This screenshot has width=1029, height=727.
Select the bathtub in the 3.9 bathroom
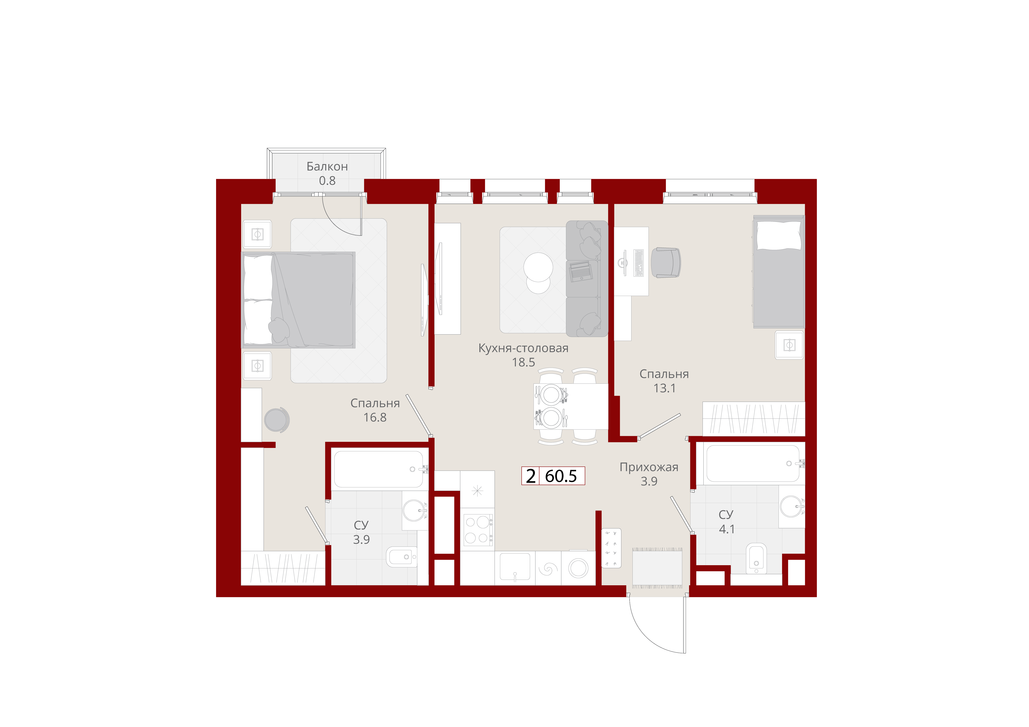379,469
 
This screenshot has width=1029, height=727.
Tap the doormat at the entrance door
657,568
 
